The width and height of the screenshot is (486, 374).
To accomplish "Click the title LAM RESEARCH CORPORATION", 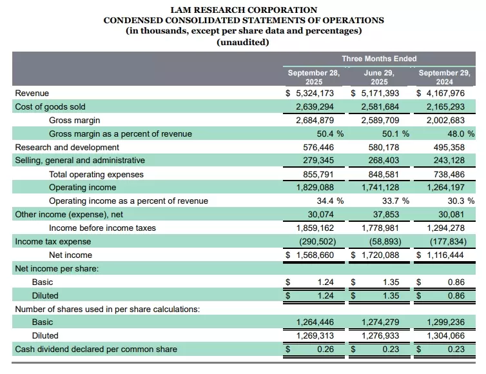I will tap(243, 10).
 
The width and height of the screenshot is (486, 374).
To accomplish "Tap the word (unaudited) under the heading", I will tap(243, 42).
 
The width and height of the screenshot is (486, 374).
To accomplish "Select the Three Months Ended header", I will tap(379, 59).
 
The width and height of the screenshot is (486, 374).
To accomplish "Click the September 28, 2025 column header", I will tap(314, 77).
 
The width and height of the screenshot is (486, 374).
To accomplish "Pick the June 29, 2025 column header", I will tap(379, 77).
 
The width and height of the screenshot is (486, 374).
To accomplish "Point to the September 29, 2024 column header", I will tap(444, 77).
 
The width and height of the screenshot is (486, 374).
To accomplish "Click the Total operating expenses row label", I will tap(96, 174).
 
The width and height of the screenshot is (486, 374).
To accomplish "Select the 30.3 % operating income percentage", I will tap(460, 201).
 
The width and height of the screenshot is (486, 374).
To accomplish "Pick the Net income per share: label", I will tap(57, 268).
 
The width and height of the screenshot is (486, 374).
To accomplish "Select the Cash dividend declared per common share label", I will tap(96, 349).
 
